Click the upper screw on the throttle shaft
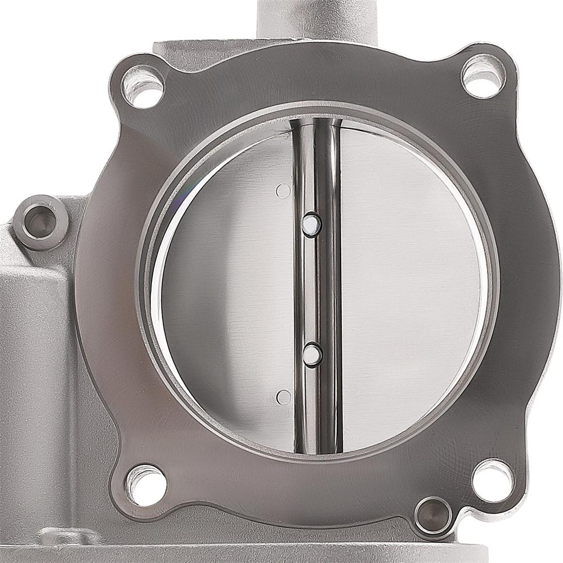pyautogui.click(x=311, y=226)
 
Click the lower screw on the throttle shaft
pyautogui.click(x=311, y=354)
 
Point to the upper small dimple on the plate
pyautogui.click(x=283, y=191)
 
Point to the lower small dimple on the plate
pyautogui.click(x=284, y=397)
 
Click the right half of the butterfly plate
pyautogui.click(x=405, y=287)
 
